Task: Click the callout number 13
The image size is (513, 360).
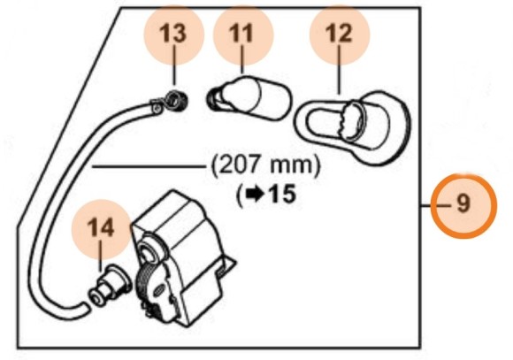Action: pyautogui.click(x=173, y=34)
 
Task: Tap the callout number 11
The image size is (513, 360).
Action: pyautogui.click(x=241, y=34)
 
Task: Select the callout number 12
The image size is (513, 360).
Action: pyautogui.click(x=339, y=34)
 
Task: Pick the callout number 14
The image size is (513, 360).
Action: pyautogui.click(x=100, y=227)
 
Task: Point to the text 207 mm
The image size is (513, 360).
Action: pyautogui.click(x=264, y=165)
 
